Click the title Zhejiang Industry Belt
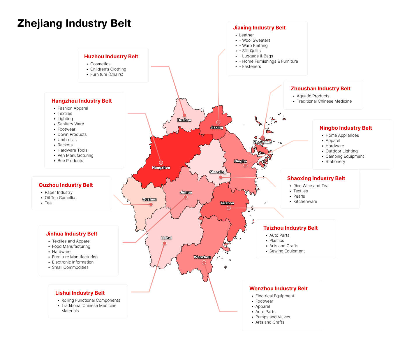(x=74, y=23)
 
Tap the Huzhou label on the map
(x=184, y=120)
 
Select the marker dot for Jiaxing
(x=218, y=122)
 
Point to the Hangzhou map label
(x=161, y=168)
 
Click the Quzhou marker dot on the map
(x=151, y=204)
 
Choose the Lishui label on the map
(x=166, y=238)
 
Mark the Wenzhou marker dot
(x=204, y=263)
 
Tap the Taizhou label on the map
(x=227, y=203)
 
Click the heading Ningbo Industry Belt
(x=346, y=128)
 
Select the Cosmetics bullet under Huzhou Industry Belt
(x=100, y=64)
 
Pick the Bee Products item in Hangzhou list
(x=70, y=161)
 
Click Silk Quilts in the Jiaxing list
(x=251, y=51)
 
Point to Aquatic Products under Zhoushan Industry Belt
(x=313, y=96)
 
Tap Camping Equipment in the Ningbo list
(x=345, y=156)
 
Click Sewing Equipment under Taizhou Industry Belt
(x=287, y=251)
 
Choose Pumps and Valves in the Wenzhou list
(x=273, y=317)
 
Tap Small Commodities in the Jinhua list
(x=70, y=267)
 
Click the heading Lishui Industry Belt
(x=80, y=293)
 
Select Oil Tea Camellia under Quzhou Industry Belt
(x=60, y=198)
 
